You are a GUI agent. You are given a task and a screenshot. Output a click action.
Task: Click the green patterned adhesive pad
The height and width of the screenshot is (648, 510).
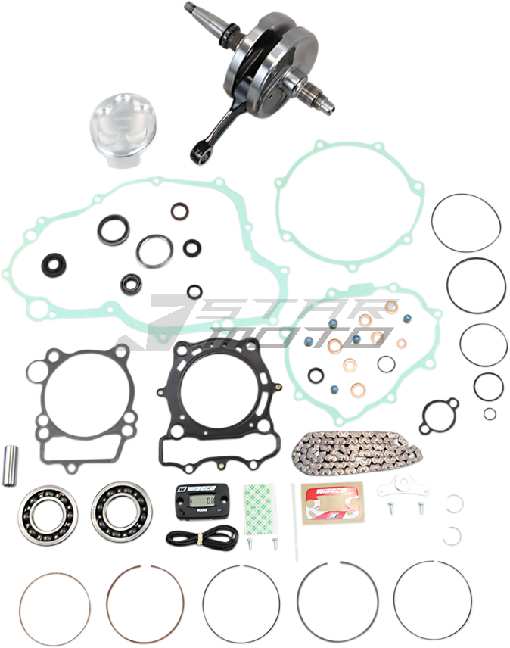[262, 505]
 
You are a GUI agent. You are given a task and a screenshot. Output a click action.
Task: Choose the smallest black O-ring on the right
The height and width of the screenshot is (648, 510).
[490, 413]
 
